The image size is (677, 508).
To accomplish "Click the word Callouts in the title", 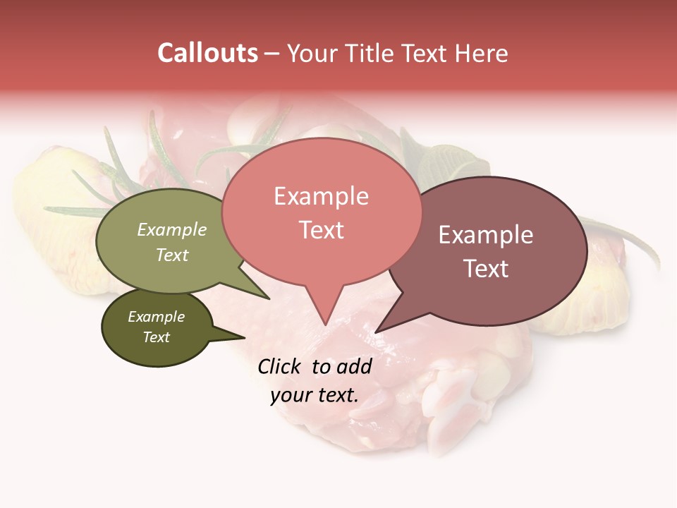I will pos(207,53).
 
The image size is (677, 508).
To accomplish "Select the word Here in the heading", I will pos(482,53).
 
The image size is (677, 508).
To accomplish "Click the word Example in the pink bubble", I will pos(321,197).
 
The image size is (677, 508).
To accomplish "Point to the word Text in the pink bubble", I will pos(321,230).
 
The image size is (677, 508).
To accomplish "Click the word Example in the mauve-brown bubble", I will pos(485,236).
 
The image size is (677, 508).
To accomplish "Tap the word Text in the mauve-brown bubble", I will pos(485,269).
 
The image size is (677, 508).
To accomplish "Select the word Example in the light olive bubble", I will pos(171,230).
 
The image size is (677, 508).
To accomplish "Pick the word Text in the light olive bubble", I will pos(171,255).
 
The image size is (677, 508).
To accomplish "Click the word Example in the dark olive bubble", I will pos(156,317).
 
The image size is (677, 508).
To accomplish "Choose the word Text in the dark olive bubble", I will pos(156,337).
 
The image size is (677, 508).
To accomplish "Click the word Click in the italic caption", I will pos(280,366).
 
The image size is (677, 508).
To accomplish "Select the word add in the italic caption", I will pos(354,366).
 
